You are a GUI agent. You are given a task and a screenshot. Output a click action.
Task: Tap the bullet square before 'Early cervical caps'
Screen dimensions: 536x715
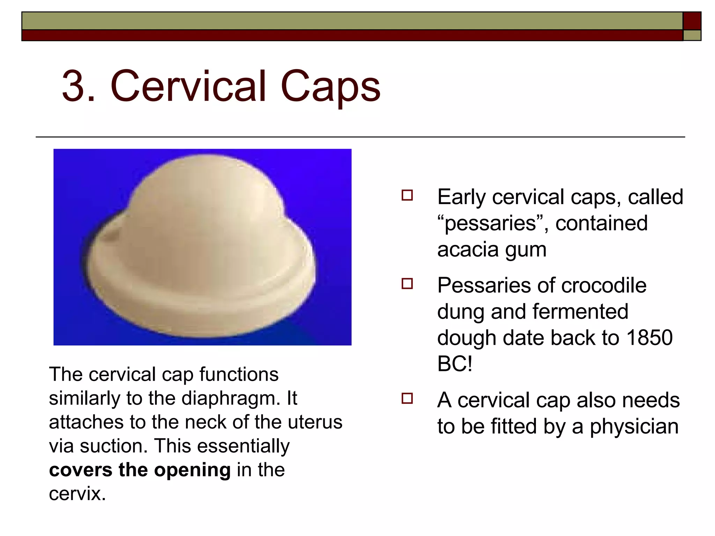(x=407, y=195)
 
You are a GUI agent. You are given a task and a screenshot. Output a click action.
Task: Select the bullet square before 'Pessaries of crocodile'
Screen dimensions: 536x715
(x=407, y=283)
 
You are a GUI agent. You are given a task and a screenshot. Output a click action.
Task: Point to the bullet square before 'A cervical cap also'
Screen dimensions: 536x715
(x=407, y=398)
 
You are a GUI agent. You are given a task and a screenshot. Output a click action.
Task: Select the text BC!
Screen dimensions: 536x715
(x=455, y=364)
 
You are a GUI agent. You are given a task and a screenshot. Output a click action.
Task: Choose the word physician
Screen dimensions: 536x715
(x=634, y=427)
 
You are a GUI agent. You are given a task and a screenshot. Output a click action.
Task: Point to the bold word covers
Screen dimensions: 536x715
(x=81, y=470)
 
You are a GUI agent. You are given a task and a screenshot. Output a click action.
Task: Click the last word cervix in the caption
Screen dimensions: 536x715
(x=77, y=493)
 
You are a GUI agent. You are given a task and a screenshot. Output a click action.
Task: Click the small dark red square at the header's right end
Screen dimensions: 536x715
(x=692, y=21)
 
